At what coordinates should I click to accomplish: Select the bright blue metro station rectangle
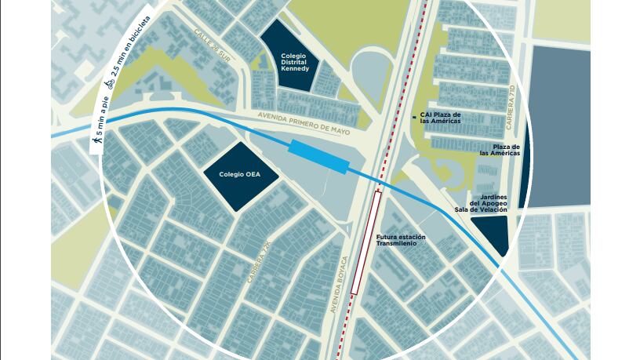[x=318, y=155]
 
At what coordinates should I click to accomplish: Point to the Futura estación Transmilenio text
[x=402, y=240]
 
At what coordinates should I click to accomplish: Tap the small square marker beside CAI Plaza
[x=414, y=117]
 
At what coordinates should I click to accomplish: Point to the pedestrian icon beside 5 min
[x=98, y=142]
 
